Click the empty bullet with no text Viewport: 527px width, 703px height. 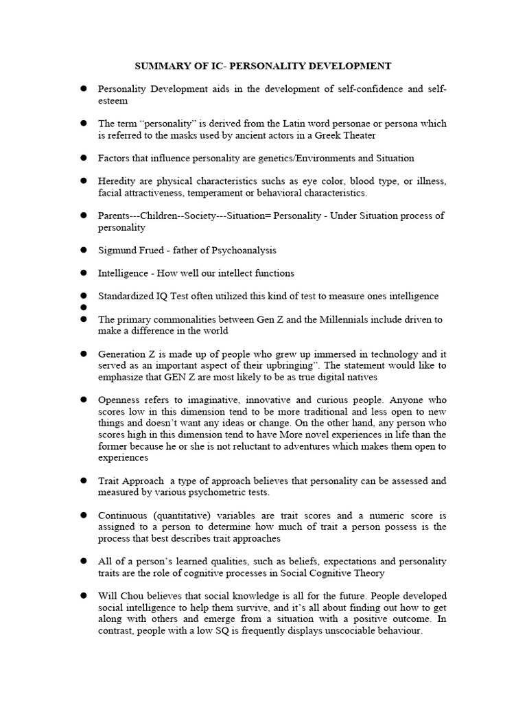tap(83, 308)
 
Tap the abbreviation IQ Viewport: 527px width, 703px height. tap(163, 296)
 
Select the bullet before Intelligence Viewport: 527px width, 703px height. tap(83, 273)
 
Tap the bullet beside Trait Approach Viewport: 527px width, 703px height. tap(83, 481)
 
